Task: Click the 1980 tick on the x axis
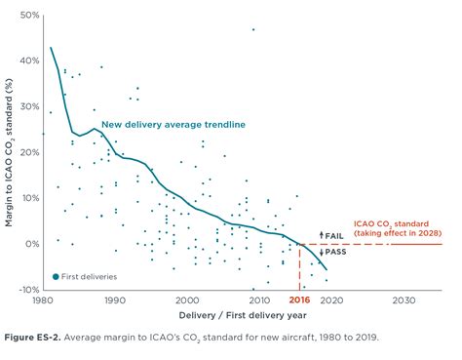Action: point(43,301)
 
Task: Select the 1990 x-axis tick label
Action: point(115,301)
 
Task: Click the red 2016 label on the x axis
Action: point(302,301)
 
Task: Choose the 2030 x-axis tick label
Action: point(403,301)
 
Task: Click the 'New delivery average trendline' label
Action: point(173,125)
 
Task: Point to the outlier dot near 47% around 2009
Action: point(253,29)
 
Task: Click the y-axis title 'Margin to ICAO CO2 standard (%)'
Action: point(9,152)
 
